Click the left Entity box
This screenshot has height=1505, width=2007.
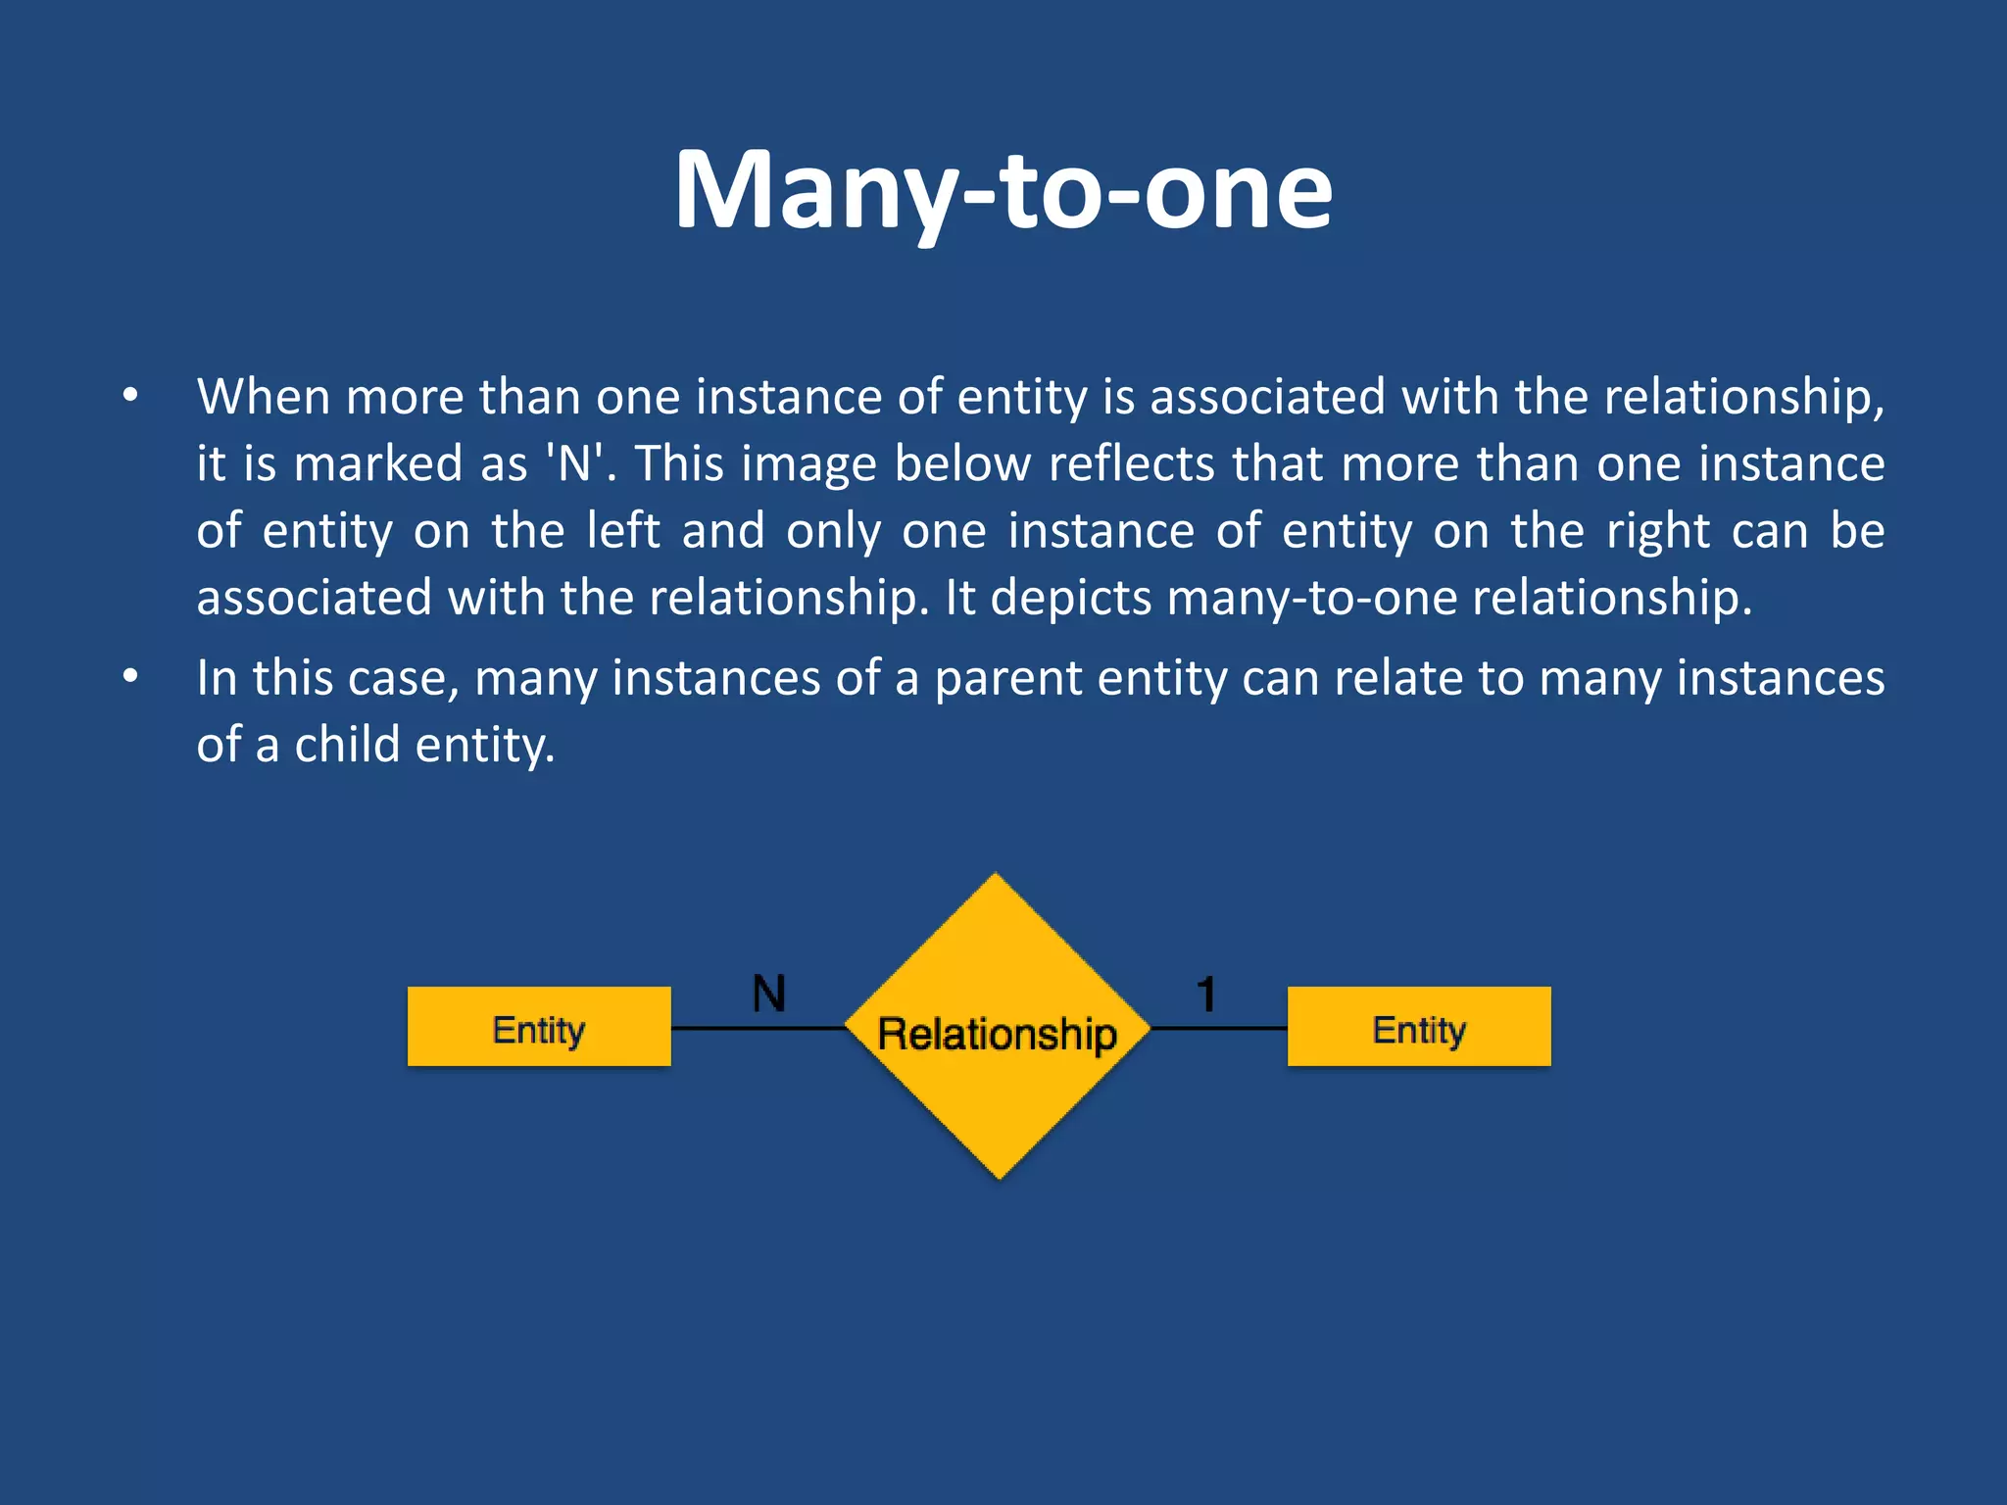(x=539, y=1027)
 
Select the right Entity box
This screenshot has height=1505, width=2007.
(x=1418, y=1027)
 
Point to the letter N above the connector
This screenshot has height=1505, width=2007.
(x=769, y=994)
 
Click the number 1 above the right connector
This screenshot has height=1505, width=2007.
(x=1206, y=995)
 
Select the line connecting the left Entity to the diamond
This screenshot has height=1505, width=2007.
(x=758, y=1028)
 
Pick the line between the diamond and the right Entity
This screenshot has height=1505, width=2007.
(x=1218, y=1028)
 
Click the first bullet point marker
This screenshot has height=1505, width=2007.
(x=130, y=397)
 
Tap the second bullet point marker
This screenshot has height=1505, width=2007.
(x=130, y=677)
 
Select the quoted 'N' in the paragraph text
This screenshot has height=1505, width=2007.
(x=573, y=463)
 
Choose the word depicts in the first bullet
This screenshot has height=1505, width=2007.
(x=1070, y=598)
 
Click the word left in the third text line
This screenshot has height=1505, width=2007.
(x=623, y=531)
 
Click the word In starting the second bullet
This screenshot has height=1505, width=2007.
(x=217, y=677)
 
